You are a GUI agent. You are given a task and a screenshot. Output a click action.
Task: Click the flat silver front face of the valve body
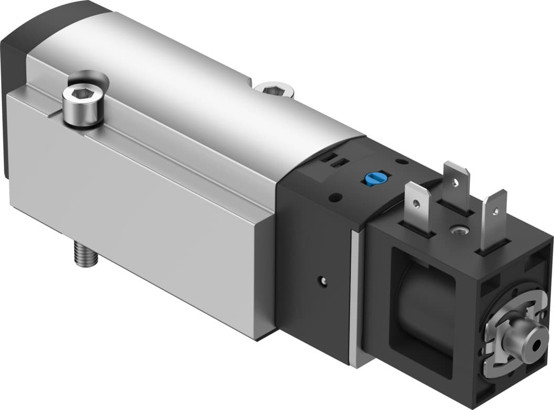[136, 205]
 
